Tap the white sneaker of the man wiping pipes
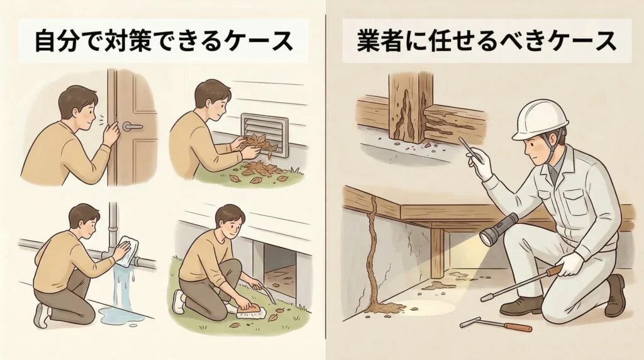click(42, 315)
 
